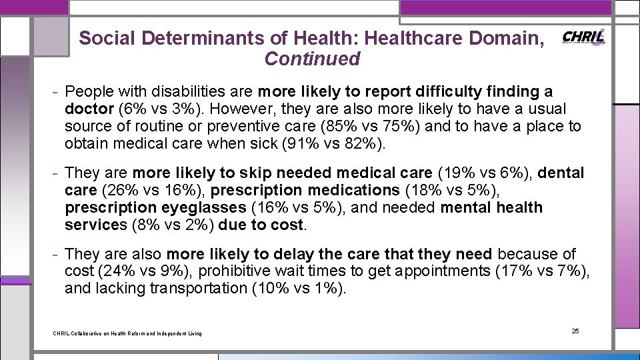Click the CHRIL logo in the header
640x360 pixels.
coord(584,37)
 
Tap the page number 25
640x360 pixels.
coord(576,331)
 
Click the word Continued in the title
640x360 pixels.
coord(312,59)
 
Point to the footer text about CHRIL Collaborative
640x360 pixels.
coord(127,333)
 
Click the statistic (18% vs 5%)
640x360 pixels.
coord(451,191)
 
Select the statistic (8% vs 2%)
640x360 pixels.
coord(173,225)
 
